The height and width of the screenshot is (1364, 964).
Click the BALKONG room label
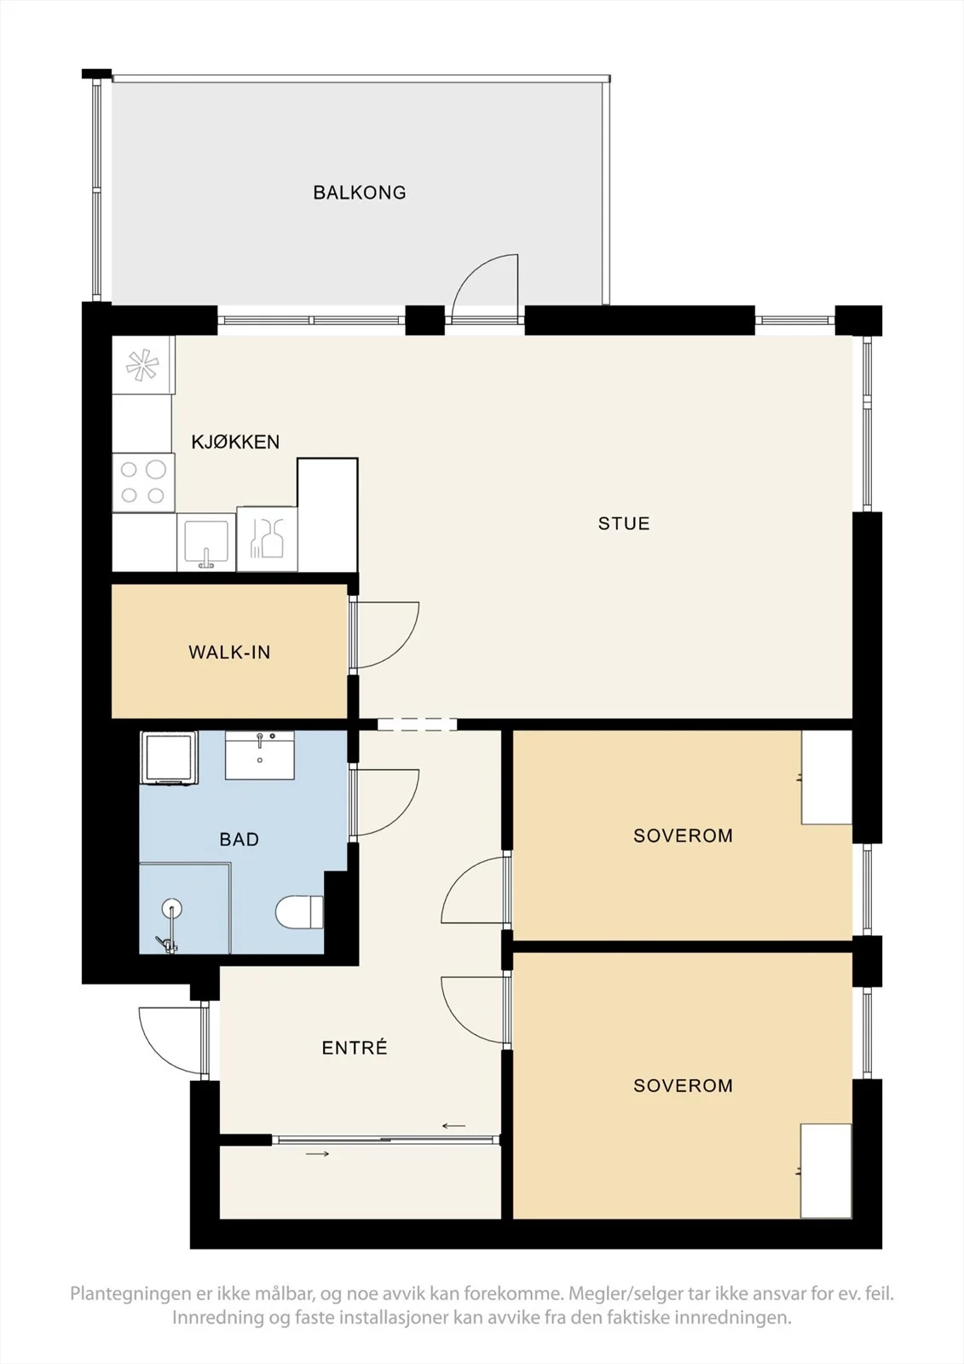coord(360,193)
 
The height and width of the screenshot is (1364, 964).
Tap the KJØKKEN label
coord(235,442)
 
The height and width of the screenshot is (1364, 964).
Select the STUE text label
coord(624,523)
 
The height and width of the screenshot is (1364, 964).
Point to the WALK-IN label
coord(229,652)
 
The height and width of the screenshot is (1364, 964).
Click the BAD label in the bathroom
coord(240,840)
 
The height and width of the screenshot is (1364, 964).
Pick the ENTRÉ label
coord(355,1048)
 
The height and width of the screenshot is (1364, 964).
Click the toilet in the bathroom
coord(299,911)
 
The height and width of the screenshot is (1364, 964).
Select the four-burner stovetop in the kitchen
coord(143,483)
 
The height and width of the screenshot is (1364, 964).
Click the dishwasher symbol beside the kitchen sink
coord(267,539)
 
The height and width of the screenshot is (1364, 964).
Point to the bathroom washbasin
coord(260,755)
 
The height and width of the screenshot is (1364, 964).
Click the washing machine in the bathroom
coord(170,758)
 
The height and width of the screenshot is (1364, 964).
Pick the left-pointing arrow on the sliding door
coord(453,1126)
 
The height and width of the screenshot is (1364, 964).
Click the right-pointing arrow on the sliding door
coord(317,1154)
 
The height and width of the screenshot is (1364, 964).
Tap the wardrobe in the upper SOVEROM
coord(827,777)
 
